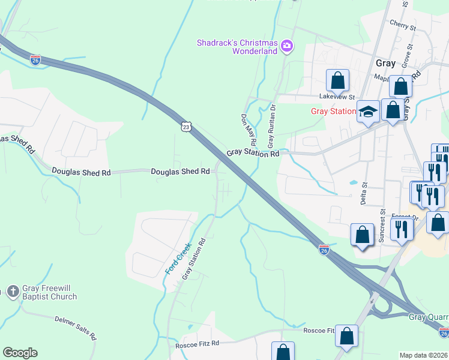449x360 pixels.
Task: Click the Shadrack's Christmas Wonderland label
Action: click(x=238, y=47)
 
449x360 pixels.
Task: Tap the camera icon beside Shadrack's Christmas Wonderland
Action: click(x=287, y=46)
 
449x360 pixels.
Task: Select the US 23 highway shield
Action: click(x=187, y=127)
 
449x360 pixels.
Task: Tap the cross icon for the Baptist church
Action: click(x=13, y=292)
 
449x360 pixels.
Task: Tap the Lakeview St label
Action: click(x=337, y=97)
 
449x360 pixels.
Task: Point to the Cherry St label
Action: click(x=402, y=27)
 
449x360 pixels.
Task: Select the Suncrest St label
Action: click(x=382, y=225)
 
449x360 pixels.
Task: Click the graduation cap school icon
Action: click(x=368, y=112)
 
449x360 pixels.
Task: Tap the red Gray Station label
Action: click(x=333, y=112)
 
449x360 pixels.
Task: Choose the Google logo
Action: click(x=20, y=353)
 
